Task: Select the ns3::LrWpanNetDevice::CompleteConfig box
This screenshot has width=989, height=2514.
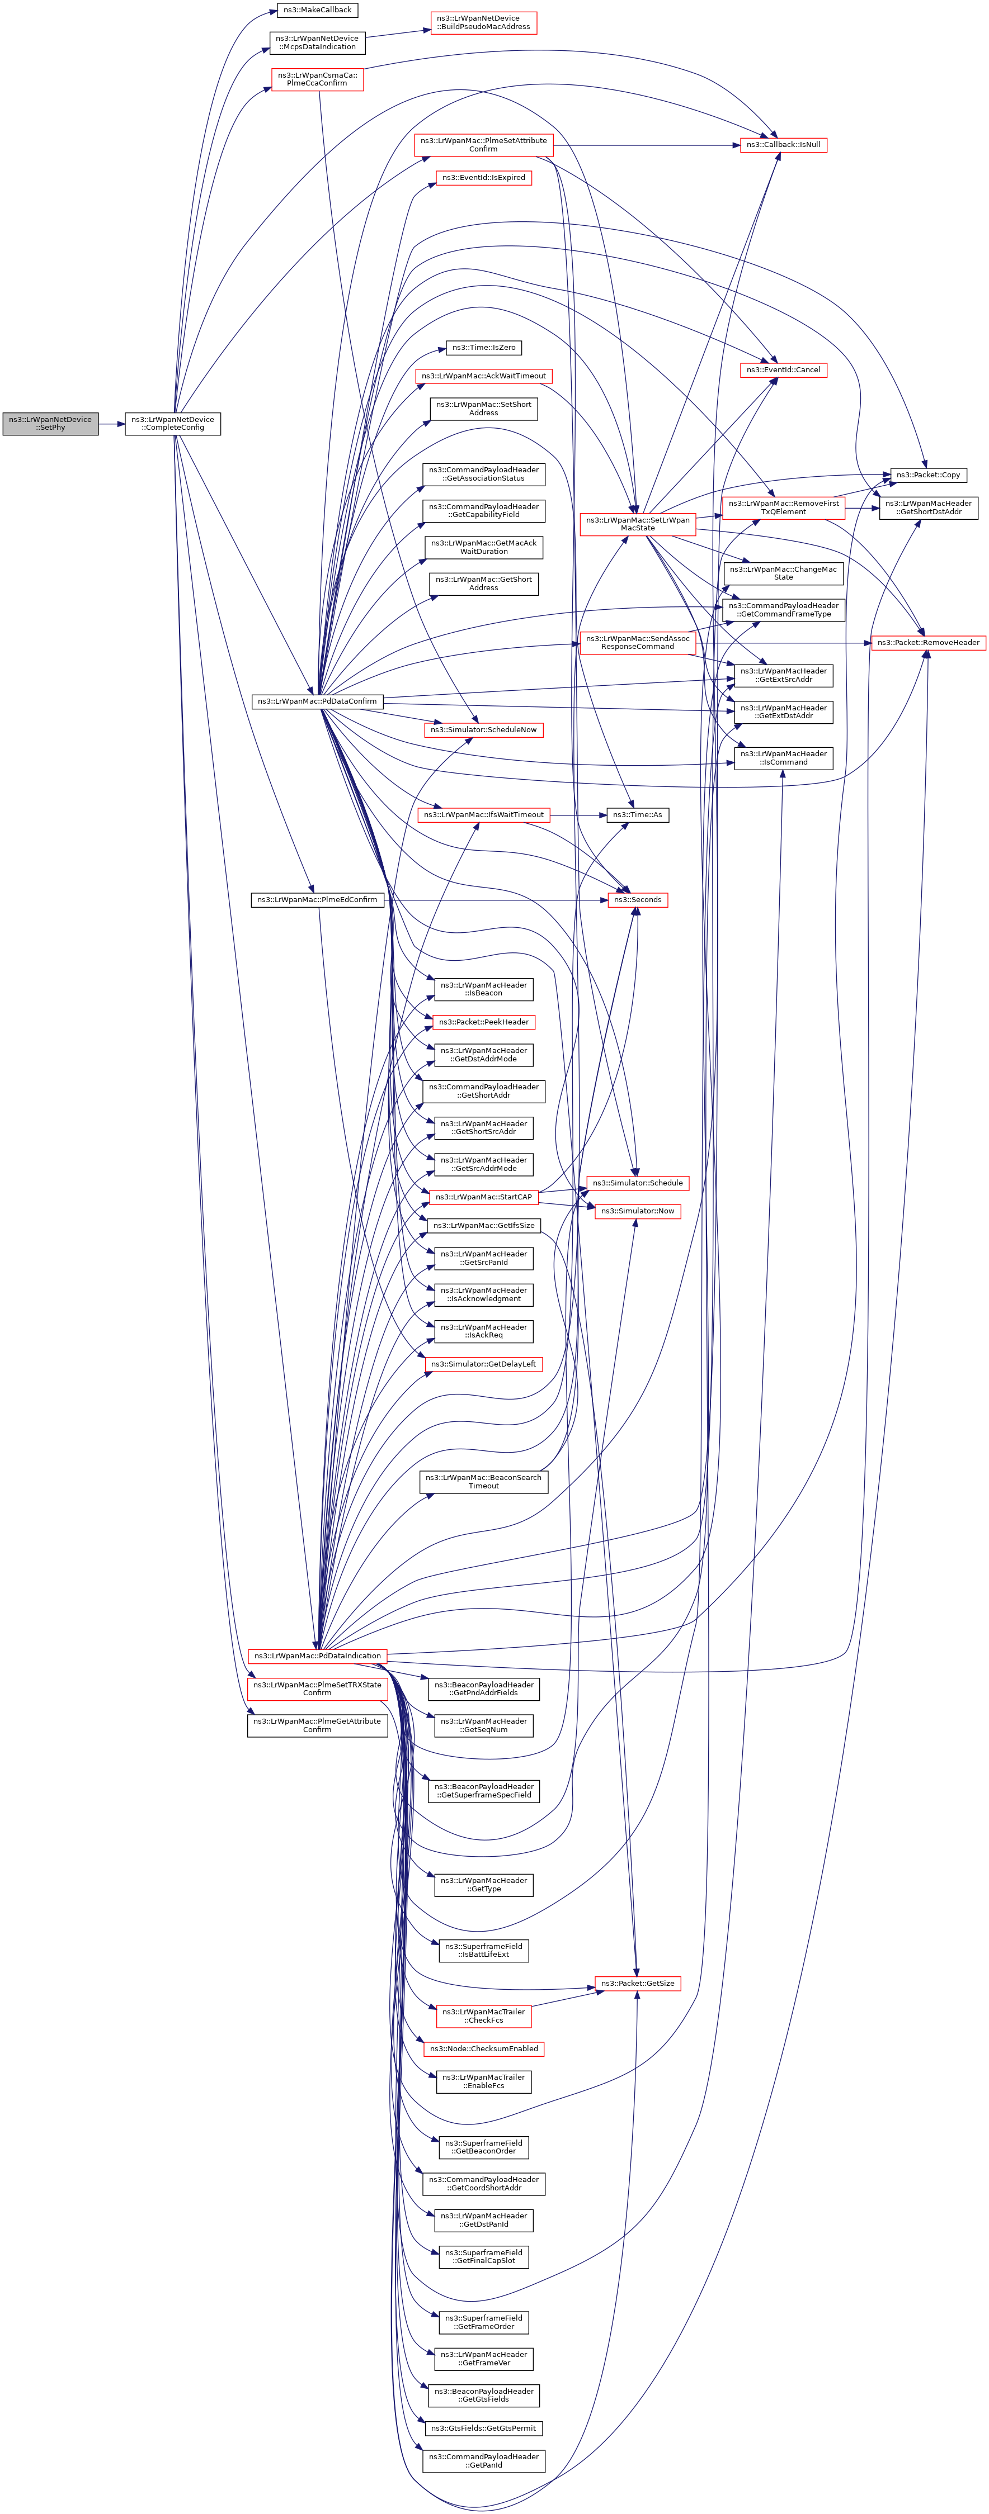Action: coord(173,424)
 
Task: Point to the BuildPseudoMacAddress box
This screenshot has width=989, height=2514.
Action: coord(483,22)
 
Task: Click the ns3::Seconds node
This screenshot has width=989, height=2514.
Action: coord(638,900)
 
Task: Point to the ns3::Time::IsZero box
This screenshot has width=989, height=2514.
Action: coord(483,348)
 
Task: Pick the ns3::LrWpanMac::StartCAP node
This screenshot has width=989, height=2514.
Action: coord(483,1197)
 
